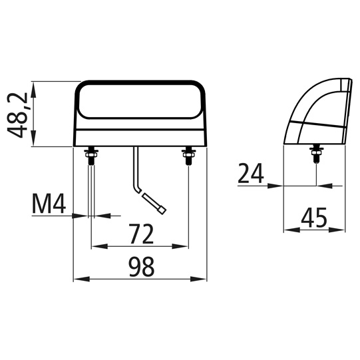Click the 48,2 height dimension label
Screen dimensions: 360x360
(19, 114)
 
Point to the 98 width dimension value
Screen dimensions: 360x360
(140, 267)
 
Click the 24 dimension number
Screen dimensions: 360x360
(251, 174)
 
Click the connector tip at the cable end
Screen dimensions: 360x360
(162, 209)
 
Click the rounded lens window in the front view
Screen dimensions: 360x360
(140, 100)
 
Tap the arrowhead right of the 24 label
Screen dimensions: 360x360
(277, 185)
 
